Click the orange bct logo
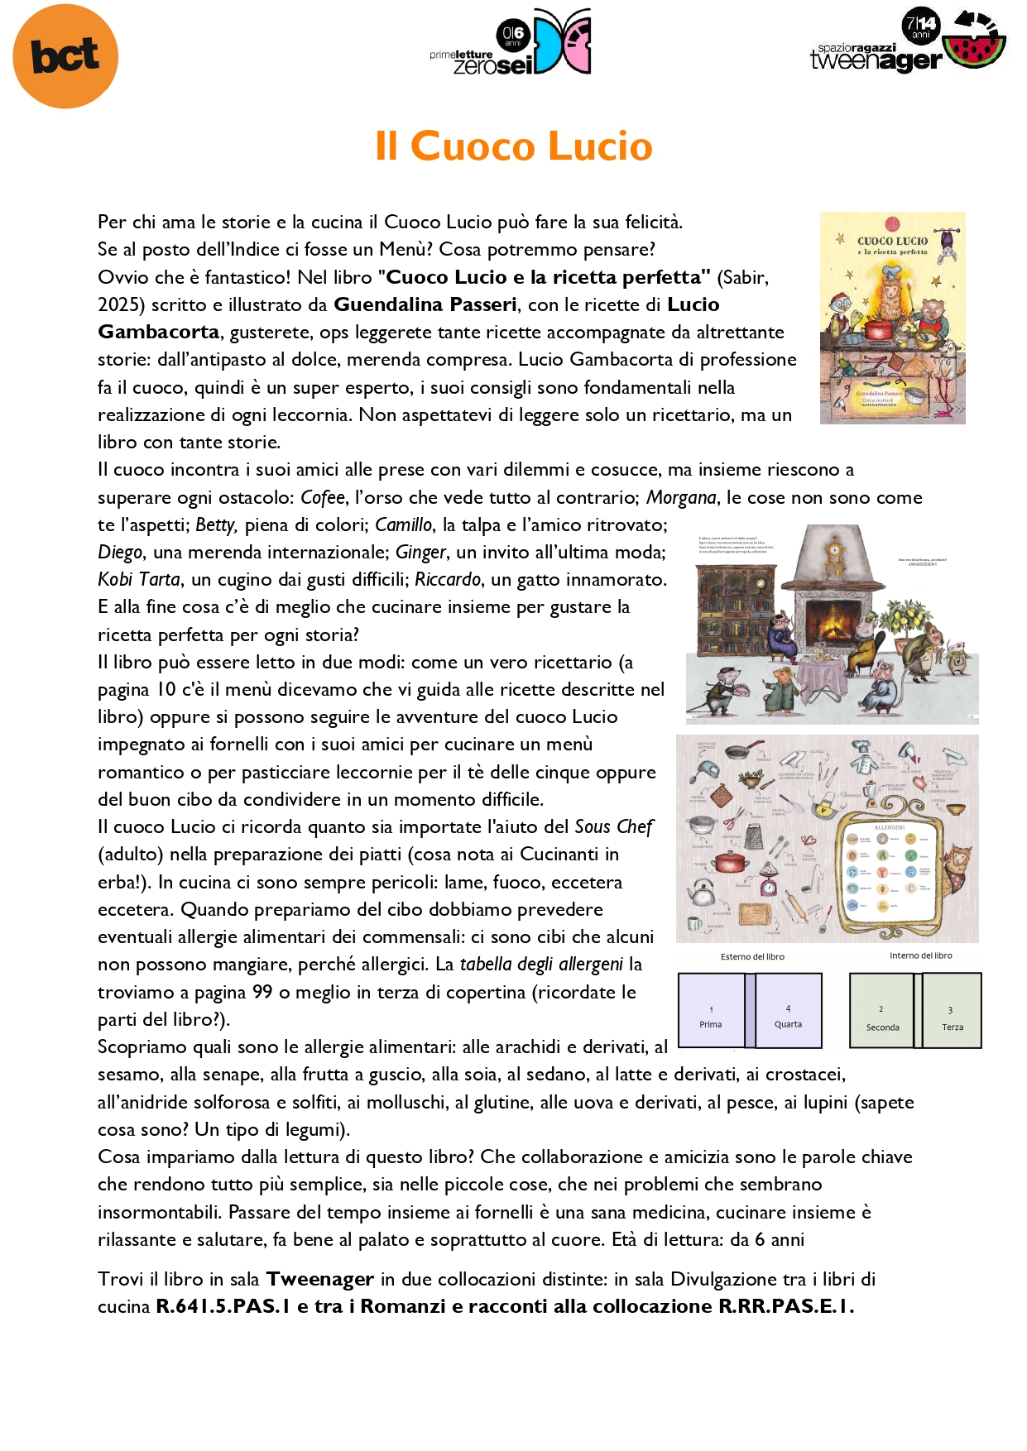[65, 56]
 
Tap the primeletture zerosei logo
[511, 43]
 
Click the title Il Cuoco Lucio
[513, 146]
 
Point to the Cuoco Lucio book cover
[892, 318]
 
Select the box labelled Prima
[711, 1011]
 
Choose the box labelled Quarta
[789, 1011]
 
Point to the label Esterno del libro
[752, 956]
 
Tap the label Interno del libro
[920, 955]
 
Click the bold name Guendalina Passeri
[425, 304]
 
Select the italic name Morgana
[681, 497]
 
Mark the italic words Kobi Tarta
[139, 580]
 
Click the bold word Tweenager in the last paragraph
[319, 1279]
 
